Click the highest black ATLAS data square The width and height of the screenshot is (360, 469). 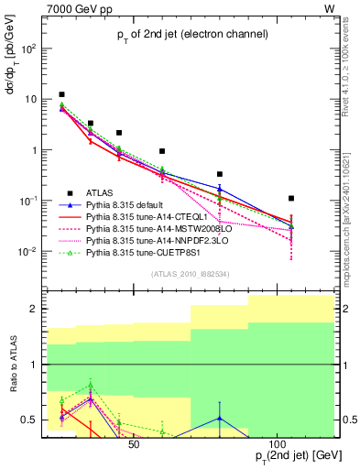(61, 94)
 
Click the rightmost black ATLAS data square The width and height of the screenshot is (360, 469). (291, 198)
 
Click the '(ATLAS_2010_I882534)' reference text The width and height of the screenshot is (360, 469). (191, 274)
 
